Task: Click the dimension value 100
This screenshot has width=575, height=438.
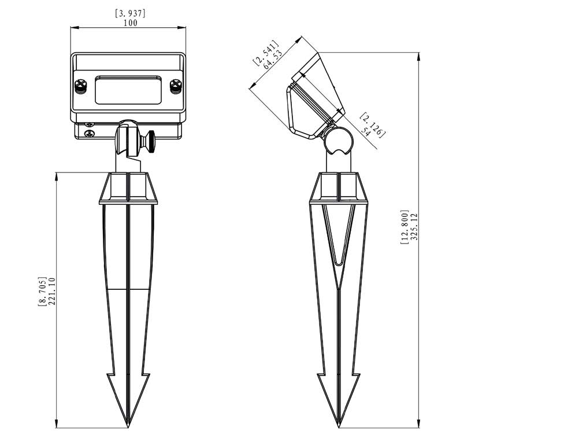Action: tap(131, 23)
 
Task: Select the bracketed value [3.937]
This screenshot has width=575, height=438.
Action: tap(131, 13)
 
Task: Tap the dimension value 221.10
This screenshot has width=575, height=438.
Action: tap(51, 291)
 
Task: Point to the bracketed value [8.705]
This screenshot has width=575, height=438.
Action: tap(43, 291)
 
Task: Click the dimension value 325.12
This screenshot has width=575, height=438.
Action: tap(414, 227)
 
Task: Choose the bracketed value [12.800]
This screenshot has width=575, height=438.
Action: tap(405, 227)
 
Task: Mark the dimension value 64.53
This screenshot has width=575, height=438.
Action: tap(273, 60)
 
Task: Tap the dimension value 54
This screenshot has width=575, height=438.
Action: tap(366, 131)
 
